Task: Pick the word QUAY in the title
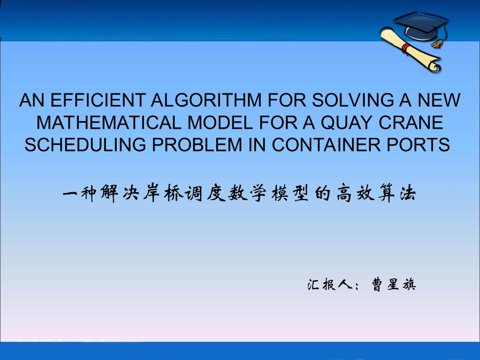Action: pyautogui.click(x=354, y=123)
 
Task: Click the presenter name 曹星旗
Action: pyautogui.click(x=393, y=285)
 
